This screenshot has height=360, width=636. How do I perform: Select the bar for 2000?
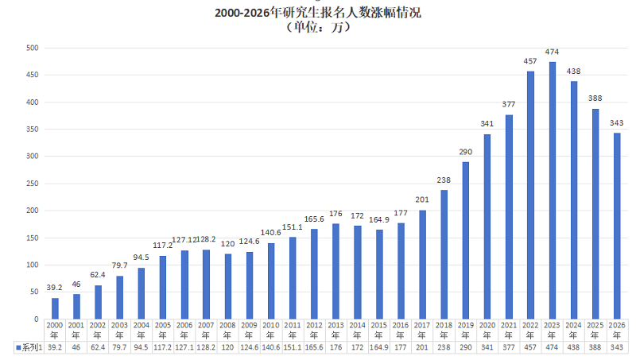pyautogui.click(x=55, y=308)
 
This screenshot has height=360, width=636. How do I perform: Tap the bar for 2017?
pyautogui.click(x=423, y=265)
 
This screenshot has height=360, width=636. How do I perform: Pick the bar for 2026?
pyautogui.click(x=617, y=226)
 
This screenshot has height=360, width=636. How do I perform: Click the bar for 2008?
pyautogui.click(x=228, y=287)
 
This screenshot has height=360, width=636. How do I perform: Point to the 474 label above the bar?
pyautogui.click(x=553, y=52)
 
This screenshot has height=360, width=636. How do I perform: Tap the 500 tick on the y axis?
pyautogui.click(x=33, y=48)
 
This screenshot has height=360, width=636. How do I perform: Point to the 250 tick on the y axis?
pyautogui.click(x=33, y=184)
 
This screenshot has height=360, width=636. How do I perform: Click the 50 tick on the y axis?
pyautogui.click(x=34, y=292)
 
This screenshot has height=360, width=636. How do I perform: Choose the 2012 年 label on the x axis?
pyautogui.click(x=314, y=330)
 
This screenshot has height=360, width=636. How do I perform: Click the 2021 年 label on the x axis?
pyautogui.click(x=509, y=330)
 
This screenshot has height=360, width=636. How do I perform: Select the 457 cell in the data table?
pyautogui.click(x=531, y=347)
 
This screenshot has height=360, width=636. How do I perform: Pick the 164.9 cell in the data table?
pyautogui.click(x=379, y=347)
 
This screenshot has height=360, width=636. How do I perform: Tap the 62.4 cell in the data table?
pyautogui.click(x=98, y=347)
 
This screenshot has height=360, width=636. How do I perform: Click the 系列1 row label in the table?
pyautogui.click(x=30, y=347)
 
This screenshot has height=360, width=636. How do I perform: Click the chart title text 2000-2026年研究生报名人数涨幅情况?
pyautogui.click(x=317, y=13)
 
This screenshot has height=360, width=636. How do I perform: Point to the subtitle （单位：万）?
pyautogui.click(x=317, y=26)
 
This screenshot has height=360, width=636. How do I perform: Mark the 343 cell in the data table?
pyautogui.click(x=617, y=347)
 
